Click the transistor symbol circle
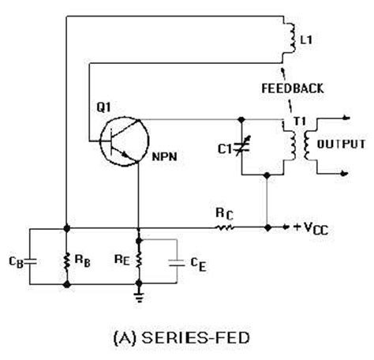(x=118, y=139)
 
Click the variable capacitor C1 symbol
(x=241, y=146)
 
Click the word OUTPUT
(x=341, y=144)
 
